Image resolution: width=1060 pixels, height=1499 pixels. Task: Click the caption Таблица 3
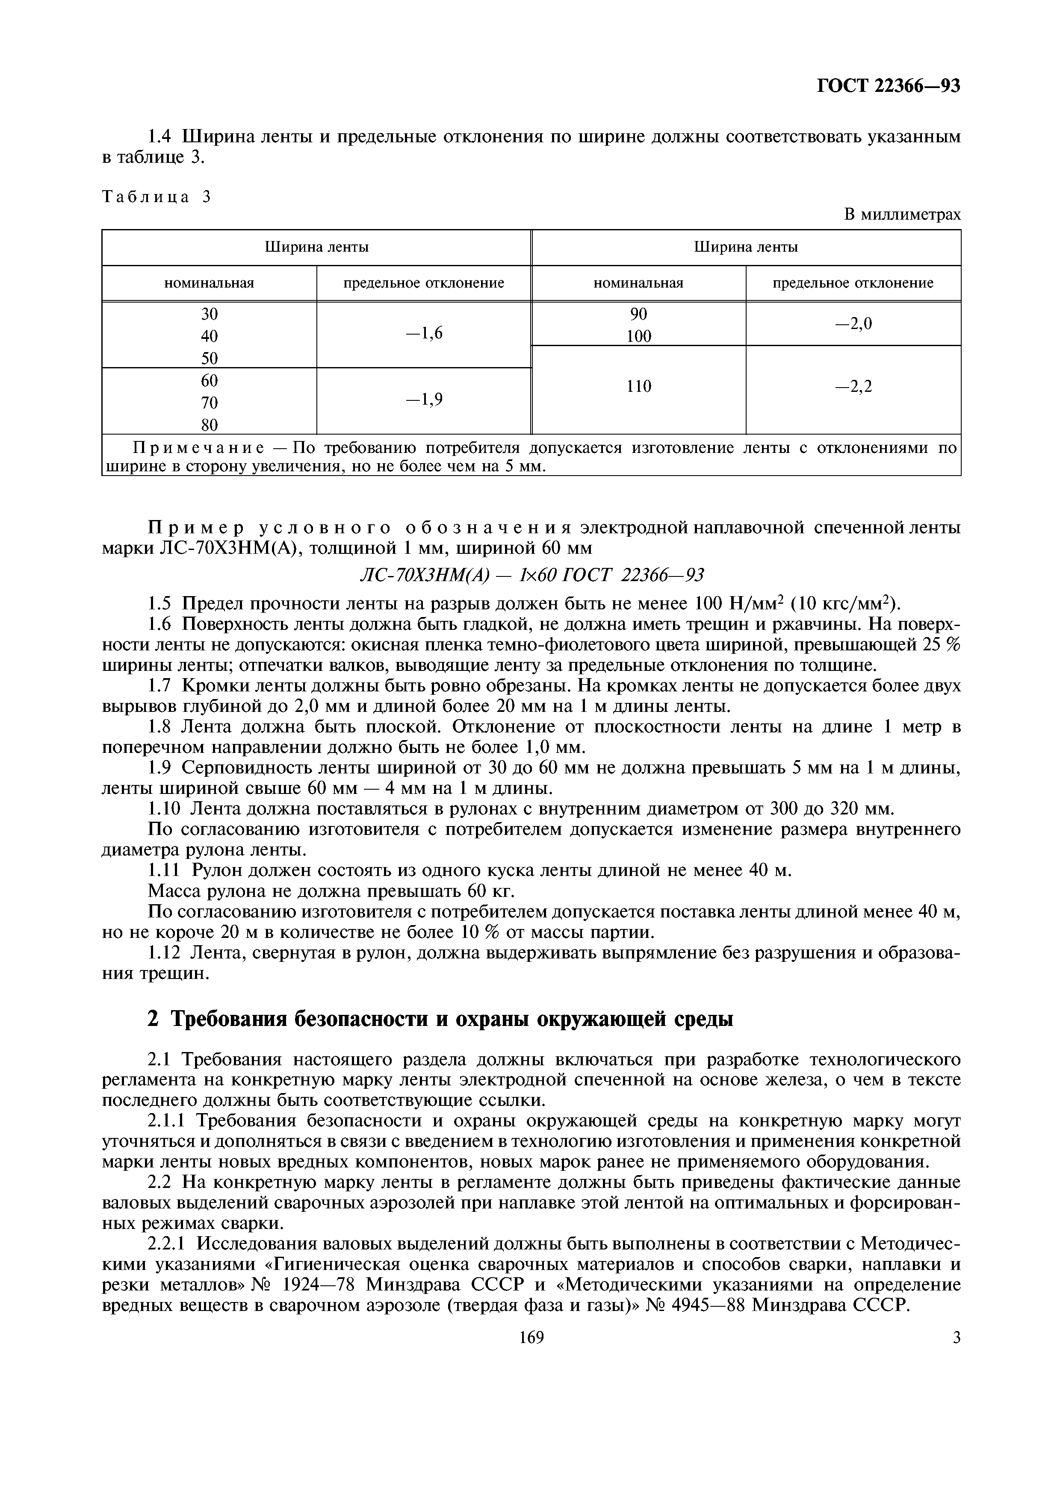pyautogui.click(x=157, y=197)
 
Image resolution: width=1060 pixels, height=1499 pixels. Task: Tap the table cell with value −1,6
pyautogui.click(x=424, y=334)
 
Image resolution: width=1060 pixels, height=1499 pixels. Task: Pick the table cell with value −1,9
pyautogui.click(x=424, y=400)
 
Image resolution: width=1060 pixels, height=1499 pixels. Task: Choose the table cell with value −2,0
pyautogui.click(x=853, y=323)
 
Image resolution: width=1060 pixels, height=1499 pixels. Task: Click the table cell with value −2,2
pyautogui.click(x=853, y=387)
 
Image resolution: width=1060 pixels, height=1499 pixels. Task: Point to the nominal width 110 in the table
pyautogui.click(x=639, y=387)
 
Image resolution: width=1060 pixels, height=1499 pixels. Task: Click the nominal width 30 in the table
pyautogui.click(x=209, y=314)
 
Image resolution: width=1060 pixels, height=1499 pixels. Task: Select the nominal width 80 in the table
pyautogui.click(x=209, y=425)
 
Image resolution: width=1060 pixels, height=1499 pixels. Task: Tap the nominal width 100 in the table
pyautogui.click(x=639, y=336)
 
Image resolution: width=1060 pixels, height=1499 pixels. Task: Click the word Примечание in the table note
pyautogui.click(x=198, y=449)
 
